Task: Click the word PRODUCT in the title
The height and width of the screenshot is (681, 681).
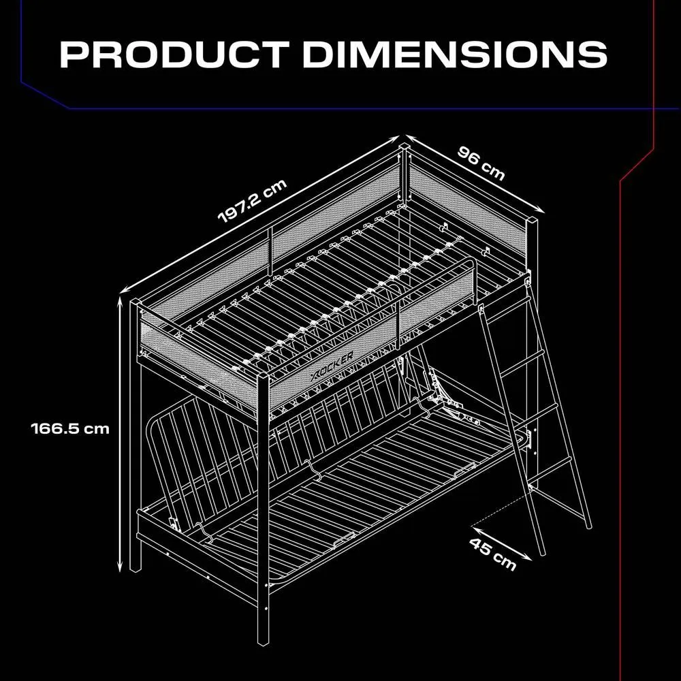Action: coord(174,54)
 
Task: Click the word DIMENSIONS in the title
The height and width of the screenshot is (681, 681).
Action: coord(455,54)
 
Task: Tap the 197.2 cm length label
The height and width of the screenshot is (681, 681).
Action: coord(253,201)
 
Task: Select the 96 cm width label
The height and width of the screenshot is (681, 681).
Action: coord(481,163)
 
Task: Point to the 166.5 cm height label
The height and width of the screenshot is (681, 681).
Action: coord(70,429)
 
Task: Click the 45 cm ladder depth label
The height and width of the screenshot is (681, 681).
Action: coord(492,554)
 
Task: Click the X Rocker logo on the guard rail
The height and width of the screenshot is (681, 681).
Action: coord(332,364)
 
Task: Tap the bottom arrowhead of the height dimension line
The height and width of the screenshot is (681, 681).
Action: coord(121,567)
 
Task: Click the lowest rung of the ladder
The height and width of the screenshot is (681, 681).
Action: coord(550,469)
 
